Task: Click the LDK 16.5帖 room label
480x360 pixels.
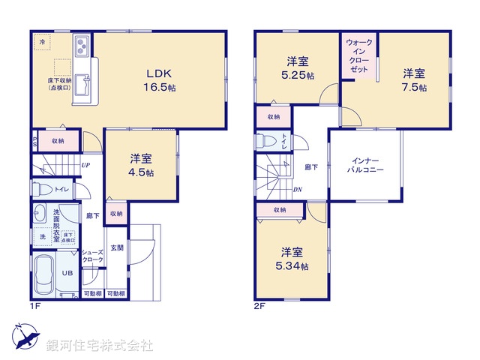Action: (160, 80)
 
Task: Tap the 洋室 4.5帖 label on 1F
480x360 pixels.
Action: (141, 165)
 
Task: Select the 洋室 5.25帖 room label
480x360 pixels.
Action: (298, 67)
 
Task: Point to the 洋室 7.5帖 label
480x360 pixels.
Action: (414, 79)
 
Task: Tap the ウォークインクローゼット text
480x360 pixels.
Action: (358, 55)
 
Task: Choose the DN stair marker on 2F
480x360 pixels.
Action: (298, 189)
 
